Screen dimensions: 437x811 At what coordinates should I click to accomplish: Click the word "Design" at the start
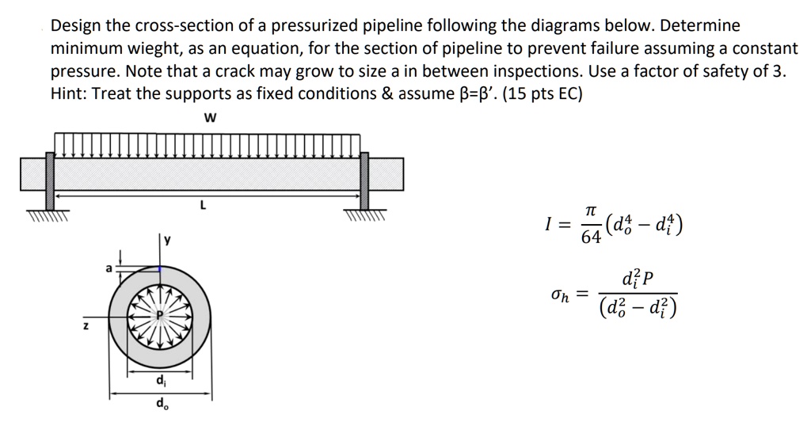coord(74,25)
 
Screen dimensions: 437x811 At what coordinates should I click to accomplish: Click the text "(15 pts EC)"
coord(541,94)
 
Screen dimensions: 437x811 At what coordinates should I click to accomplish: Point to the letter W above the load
coord(210,119)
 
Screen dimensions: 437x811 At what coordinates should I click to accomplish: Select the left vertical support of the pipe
coord(51,180)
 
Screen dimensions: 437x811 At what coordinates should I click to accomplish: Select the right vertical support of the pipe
coord(365,180)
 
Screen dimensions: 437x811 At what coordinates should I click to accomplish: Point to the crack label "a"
coord(109,268)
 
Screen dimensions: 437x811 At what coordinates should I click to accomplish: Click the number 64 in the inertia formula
coord(591,238)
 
